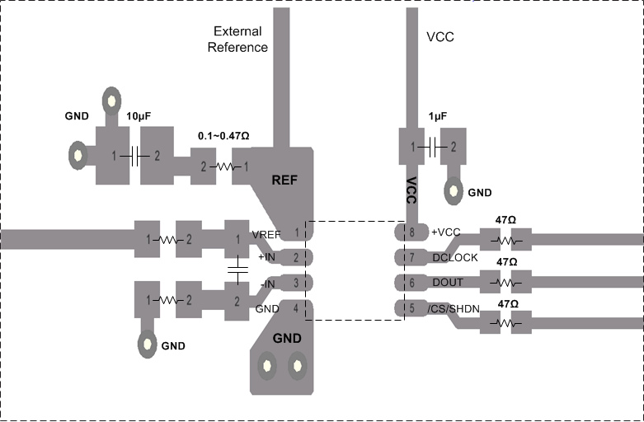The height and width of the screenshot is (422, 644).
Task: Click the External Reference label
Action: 237,40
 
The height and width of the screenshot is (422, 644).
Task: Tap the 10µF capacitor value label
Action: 139,116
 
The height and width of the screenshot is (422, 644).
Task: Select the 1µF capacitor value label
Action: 437,117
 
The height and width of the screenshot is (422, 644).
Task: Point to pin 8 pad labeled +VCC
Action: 411,232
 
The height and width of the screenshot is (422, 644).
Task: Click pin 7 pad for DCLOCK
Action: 411,258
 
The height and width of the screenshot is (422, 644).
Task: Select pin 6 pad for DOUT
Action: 411,284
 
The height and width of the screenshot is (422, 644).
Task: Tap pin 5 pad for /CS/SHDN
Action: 411,309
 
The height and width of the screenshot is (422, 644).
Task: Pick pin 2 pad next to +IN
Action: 294,259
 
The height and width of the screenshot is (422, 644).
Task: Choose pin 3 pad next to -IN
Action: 294,284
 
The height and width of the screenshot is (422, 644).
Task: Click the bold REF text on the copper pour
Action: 284,181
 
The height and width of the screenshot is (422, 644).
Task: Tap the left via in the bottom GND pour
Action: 267,363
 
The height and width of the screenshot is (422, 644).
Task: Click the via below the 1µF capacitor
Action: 453,191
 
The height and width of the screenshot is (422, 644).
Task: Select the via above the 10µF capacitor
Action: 110,101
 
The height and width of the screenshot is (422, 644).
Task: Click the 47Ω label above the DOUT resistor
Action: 506,261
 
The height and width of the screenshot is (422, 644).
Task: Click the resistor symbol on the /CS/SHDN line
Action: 506,323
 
